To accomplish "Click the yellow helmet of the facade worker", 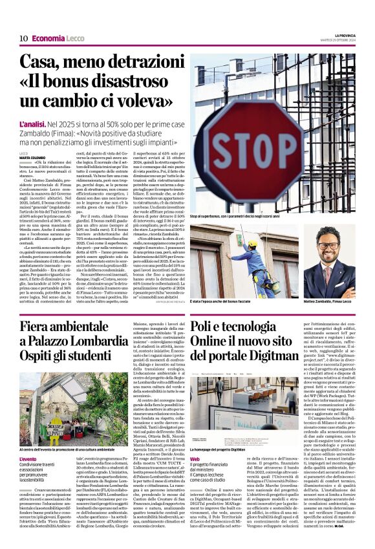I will (253, 244).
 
